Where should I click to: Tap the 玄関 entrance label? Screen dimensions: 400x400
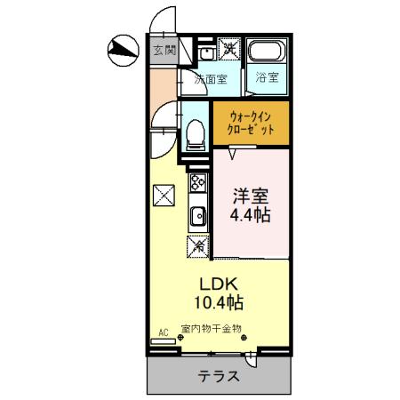point(163,50)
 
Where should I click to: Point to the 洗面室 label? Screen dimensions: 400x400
point(211,79)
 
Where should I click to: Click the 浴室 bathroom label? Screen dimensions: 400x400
point(266,76)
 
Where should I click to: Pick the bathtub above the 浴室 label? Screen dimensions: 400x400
point(265,52)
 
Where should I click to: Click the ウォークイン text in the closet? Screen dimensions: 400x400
point(251,115)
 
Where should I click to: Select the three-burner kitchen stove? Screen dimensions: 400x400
point(196,185)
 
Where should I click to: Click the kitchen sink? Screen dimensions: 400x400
point(196,214)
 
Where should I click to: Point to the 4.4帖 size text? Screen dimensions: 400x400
point(252,214)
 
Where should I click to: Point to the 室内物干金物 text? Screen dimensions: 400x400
point(211,329)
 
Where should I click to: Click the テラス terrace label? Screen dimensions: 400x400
point(219,375)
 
